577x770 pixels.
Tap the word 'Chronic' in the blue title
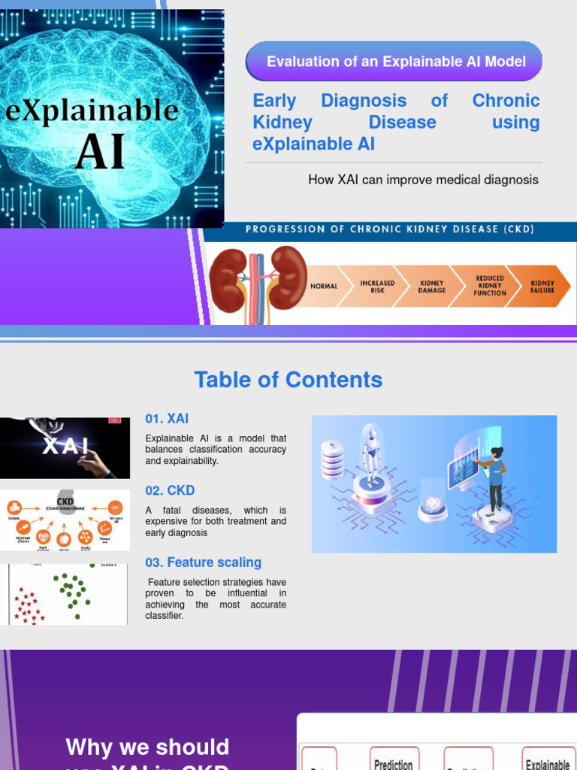[x=506, y=101]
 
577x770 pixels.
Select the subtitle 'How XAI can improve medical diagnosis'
[x=423, y=180]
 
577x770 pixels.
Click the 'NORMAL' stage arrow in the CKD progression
[x=324, y=286]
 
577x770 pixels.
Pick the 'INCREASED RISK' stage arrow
[x=377, y=286]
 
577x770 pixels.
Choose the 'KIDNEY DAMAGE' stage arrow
[x=431, y=286]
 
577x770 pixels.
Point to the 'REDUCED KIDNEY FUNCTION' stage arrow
[x=489, y=286]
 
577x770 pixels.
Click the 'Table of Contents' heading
[x=288, y=380]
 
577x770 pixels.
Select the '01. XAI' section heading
[x=167, y=419]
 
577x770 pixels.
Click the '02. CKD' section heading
[x=170, y=490]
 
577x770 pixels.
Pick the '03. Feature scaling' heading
[x=203, y=562]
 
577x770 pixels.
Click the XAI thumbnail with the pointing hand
[x=65, y=448]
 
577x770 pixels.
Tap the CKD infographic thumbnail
[x=65, y=520]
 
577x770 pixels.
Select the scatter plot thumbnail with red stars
[x=65, y=594]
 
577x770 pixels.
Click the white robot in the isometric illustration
[x=370, y=455]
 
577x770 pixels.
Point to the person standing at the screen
[x=495, y=478]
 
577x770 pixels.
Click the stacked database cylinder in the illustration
[x=332, y=459]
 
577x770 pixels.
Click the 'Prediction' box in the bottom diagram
[x=393, y=761]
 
